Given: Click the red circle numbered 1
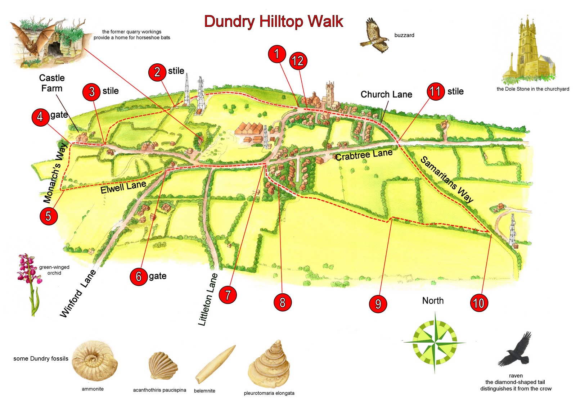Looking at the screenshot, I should (277, 54).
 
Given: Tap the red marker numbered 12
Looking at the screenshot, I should (298, 61).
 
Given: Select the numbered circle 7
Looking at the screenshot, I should (228, 295).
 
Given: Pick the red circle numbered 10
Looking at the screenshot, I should (479, 303).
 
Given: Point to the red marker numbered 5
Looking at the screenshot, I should (49, 216).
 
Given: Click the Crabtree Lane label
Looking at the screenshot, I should (364, 155).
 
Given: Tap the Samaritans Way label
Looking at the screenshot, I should (447, 179).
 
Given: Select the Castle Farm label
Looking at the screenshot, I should (52, 83).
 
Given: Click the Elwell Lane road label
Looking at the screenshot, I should (123, 187).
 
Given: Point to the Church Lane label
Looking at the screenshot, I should (386, 94).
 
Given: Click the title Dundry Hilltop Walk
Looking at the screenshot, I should (274, 22).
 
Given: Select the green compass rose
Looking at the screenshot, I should (435, 342).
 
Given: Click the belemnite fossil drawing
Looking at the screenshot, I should (215, 364).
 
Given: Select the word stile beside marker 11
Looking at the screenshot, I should (455, 91).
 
